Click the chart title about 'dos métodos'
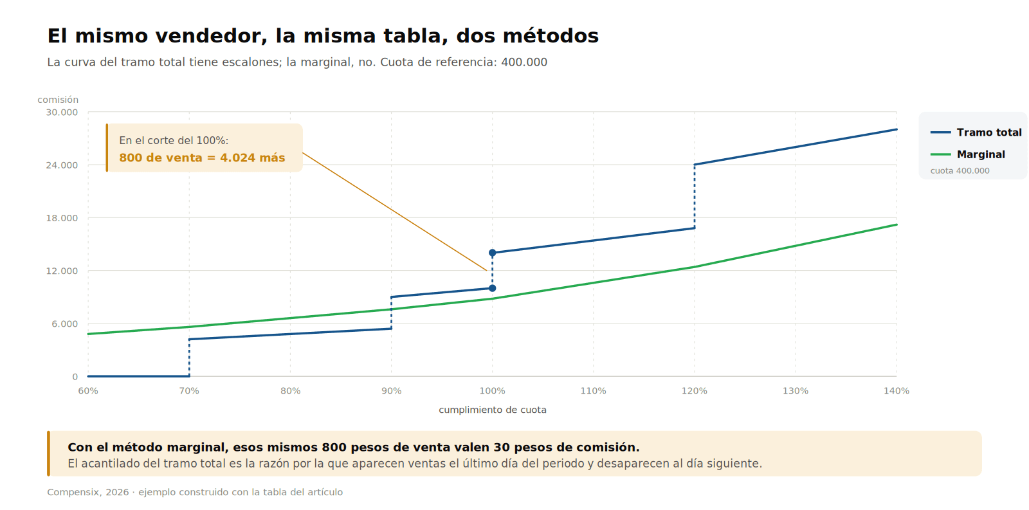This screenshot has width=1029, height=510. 323,36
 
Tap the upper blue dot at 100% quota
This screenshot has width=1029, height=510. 493,253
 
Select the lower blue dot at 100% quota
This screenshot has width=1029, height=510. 493,288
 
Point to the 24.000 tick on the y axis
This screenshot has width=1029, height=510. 62,165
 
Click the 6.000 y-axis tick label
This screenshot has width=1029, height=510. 65,324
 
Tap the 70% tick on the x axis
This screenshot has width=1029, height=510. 189,391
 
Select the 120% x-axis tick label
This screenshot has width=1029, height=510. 694,391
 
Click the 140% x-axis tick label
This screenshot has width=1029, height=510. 897,391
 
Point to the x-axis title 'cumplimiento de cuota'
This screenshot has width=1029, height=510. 493,410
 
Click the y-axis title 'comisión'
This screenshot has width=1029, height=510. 58,100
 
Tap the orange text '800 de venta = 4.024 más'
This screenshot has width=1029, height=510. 202,158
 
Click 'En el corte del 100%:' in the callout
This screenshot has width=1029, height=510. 174,141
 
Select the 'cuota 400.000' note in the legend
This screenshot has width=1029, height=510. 960,171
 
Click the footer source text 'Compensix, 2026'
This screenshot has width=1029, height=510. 88,492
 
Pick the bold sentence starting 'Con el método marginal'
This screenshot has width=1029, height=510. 354,448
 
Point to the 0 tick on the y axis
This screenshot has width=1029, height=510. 75,377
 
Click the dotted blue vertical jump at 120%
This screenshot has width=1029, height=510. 694,196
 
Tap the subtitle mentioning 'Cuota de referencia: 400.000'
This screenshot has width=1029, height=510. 297,62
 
